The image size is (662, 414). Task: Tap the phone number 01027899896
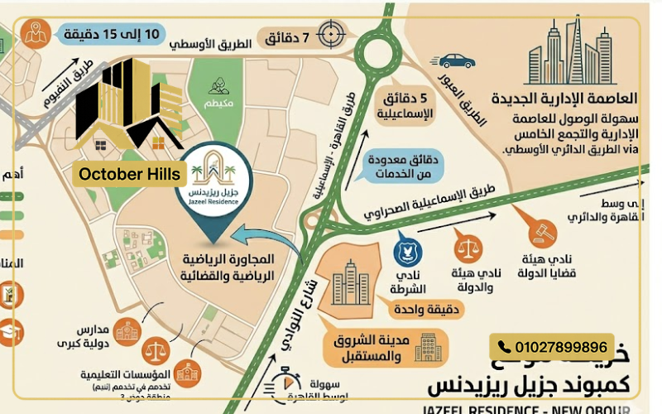point(554,347)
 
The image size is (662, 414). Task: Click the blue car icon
point(457,60)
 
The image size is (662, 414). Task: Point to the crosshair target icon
point(333,36)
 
